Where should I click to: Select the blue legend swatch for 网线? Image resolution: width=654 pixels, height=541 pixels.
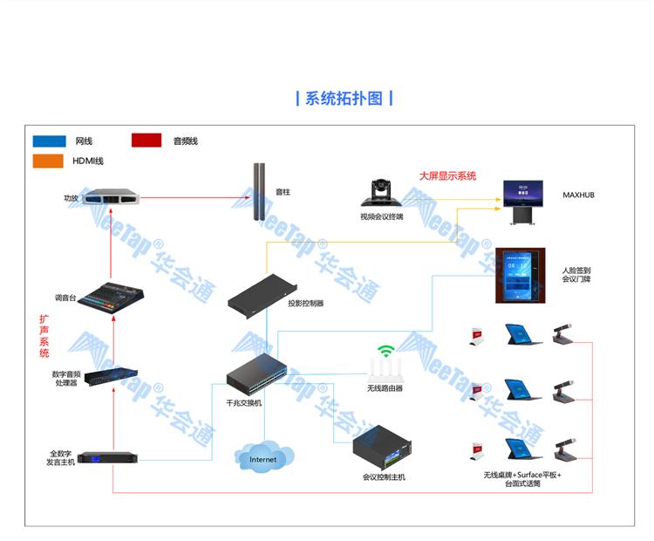pyautogui.click(x=50, y=140)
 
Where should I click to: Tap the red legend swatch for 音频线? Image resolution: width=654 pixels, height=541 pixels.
pyautogui.click(x=146, y=140)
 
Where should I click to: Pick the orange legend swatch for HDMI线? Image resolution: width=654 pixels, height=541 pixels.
pyautogui.click(x=50, y=161)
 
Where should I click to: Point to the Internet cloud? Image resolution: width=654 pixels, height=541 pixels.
pyautogui.click(x=262, y=458)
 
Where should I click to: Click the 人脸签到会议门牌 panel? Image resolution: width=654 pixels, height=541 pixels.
pyautogui.click(x=521, y=276)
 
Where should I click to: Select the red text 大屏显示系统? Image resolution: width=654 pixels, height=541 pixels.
pyautogui.click(x=447, y=175)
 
